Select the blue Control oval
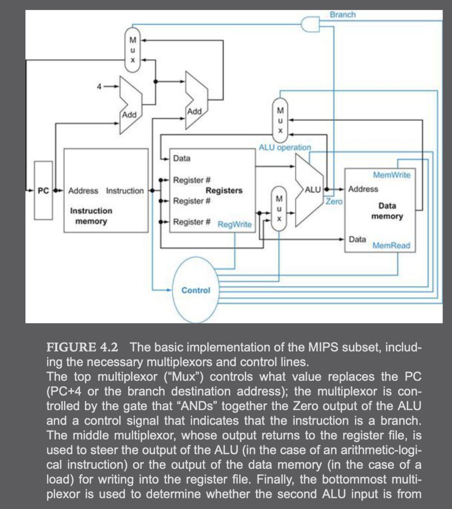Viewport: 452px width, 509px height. click(195, 290)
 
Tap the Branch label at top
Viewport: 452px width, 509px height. click(343, 14)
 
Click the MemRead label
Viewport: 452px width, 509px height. click(391, 246)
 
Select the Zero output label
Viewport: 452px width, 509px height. click(334, 201)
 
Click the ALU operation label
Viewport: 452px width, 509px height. click(284, 147)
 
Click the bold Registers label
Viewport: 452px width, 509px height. click(224, 190)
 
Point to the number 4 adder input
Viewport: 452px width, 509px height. click(99, 86)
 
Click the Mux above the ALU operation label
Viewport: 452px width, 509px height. click(280, 121)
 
